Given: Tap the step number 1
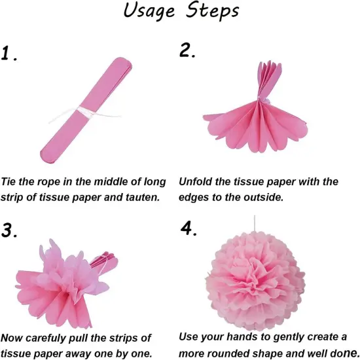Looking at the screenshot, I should tap(9, 54).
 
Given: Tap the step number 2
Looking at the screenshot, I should tap(187, 52).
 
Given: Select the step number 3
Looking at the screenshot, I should tap(9, 230).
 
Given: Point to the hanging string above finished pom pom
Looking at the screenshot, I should tap(255, 223).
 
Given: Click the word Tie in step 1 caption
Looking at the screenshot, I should tap(10, 181).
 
